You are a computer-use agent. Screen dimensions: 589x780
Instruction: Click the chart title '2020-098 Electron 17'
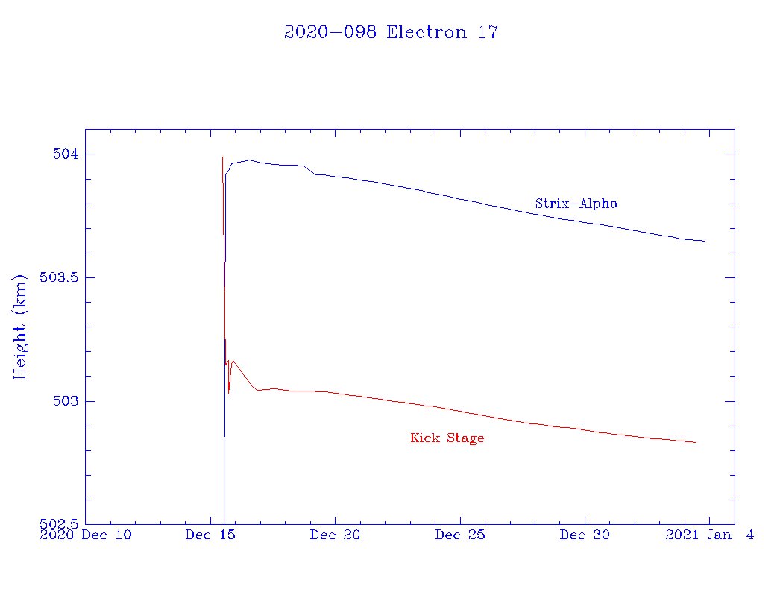click(x=391, y=33)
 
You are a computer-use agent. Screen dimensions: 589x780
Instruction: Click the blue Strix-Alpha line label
click(x=576, y=204)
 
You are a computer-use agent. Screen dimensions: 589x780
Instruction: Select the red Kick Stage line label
click(x=447, y=438)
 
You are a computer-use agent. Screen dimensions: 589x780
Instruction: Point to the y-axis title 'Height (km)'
click(x=20, y=326)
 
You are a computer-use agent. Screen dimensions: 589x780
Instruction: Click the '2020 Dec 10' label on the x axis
click(x=85, y=535)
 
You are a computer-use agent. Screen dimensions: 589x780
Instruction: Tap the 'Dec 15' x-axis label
click(x=210, y=535)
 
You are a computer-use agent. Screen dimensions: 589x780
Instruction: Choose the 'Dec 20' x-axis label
click(x=336, y=535)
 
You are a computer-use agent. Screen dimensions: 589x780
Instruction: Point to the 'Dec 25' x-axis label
click(x=460, y=535)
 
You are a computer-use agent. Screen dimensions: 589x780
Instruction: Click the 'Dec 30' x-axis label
click(x=585, y=535)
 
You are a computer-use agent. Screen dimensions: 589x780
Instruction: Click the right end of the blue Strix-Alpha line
click(x=705, y=241)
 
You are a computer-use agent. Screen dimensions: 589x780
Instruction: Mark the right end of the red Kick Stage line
click(x=696, y=442)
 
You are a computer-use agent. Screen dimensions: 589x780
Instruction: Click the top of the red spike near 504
click(x=222, y=157)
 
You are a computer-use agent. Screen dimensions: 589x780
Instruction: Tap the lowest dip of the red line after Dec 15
click(x=228, y=393)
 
